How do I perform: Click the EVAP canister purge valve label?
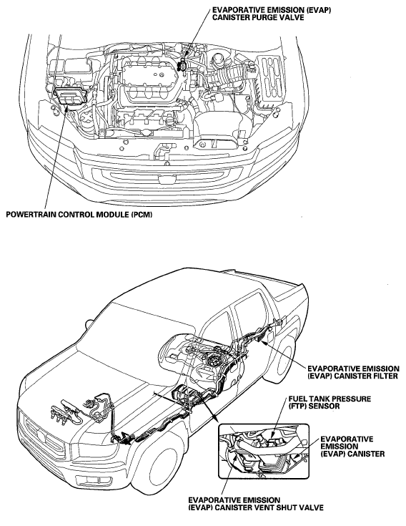(272, 14)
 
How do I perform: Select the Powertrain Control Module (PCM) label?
(79, 215)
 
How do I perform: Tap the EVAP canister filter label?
(353, 372)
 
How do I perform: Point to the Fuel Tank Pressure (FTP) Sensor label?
(330, 402)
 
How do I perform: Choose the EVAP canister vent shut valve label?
(256, 504)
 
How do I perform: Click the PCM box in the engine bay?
(70, 95)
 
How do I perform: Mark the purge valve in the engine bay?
(183, 64)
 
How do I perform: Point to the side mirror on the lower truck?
(89, 323)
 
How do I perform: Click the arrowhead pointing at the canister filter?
(264, 342)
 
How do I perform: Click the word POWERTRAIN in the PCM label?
(31, 215)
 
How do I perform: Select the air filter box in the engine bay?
(272, 79)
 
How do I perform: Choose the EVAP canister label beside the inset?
(352, 447)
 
